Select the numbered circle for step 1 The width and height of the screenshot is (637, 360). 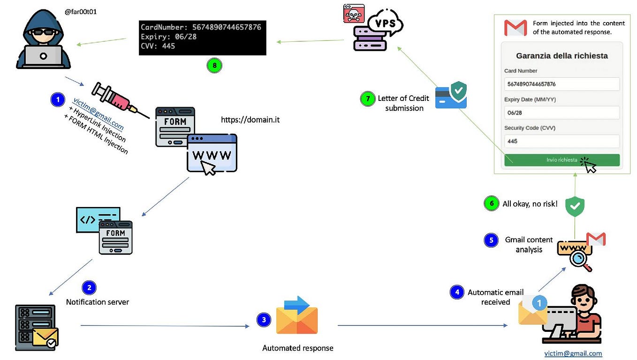point(57,100)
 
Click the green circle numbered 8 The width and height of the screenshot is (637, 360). point(214,66)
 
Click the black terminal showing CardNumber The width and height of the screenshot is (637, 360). point(202,38)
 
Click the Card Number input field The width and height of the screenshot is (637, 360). point(561,84)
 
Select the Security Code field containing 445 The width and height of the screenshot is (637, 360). point(561,141)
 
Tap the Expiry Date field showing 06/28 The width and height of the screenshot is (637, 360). point(561,113)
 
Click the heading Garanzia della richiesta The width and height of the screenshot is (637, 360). point(561,56)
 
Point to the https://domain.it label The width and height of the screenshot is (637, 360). point(250,120)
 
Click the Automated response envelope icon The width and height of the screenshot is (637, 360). point(296,316)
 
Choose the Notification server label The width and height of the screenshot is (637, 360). point(97,302)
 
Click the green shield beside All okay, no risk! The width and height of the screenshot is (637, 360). point(574,206)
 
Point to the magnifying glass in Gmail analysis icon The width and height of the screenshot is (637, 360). point(580,260)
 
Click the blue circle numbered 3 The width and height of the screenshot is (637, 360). point(264,320)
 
